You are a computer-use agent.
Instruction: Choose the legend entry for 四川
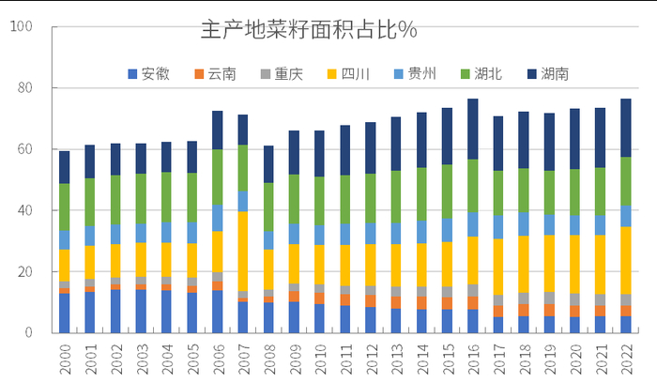pos(355,73)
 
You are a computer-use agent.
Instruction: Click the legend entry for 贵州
pos(421,73)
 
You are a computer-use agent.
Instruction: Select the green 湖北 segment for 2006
pos(218,176)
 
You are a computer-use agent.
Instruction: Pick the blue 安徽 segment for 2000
pos(65,313)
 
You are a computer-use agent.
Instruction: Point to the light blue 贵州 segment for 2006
pos(218,217)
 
